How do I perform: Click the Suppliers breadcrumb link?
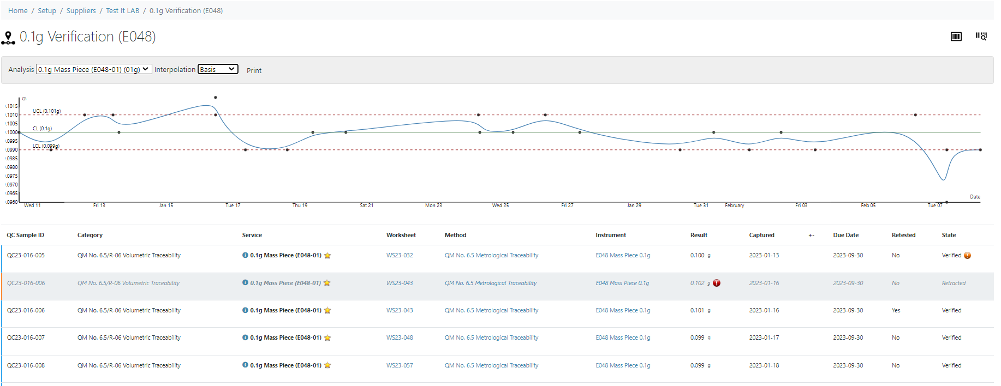click(x=81, y=10)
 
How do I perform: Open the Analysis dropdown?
click(x=94, y=69)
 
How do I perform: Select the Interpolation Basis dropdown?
click(x=218, y=69)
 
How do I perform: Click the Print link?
click(x=254, y=70)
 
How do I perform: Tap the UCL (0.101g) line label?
click(x=46, y=111)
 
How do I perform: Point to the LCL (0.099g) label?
click(x=46, y=146)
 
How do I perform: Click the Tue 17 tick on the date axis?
click(x=233, y=206)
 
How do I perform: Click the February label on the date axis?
click(x=734, y=206)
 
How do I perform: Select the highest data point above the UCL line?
click(x=216, y=98)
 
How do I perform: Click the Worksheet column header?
click(x=401, y=235)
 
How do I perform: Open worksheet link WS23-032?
click(x=400, y=255)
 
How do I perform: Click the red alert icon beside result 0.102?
click(x=717, y=283)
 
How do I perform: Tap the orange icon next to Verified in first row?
click(x=967, y=255)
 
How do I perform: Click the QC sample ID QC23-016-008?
click(x=26, y=365)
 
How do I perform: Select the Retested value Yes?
click(x=896, y=310)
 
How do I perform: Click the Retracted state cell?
click(x=953, y=283)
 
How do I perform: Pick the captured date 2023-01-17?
click(x=764, y=337)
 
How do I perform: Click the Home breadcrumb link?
click(x=18, y=10)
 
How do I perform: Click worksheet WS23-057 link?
click(x=400, y=365)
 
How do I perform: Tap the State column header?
click(x=948, y=235)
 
